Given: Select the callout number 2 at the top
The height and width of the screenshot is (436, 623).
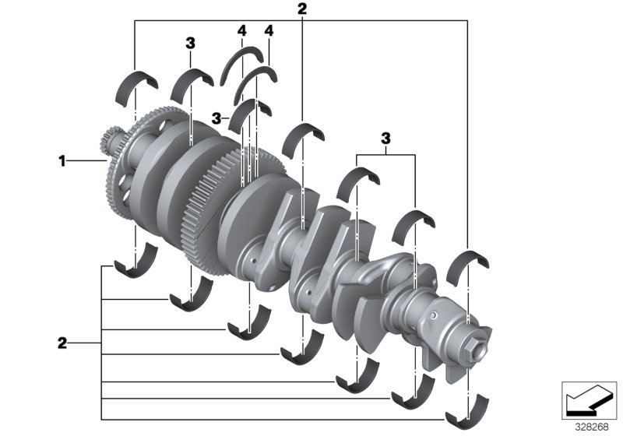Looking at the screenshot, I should tap(302, 9).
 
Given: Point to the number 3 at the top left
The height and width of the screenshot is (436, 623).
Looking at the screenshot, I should tap(190, 44).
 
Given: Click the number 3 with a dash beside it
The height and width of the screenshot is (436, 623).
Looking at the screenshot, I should tap(216, 118).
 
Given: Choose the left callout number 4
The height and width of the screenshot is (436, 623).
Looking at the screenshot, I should tap(242, 30).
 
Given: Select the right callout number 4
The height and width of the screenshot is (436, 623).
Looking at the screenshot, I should tap(269, 30).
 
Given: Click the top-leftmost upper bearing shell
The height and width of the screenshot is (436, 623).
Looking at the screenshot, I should tap(137, 84).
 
